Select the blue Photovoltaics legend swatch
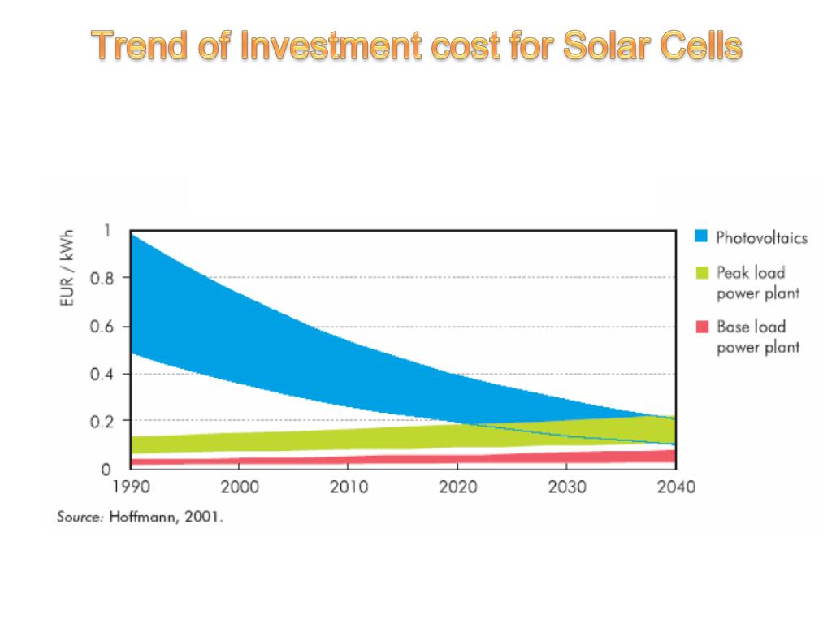703,236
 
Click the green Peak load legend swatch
703,271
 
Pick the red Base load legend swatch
703,327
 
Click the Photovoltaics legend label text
761,237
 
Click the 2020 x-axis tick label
457,487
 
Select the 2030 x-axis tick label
567,487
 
